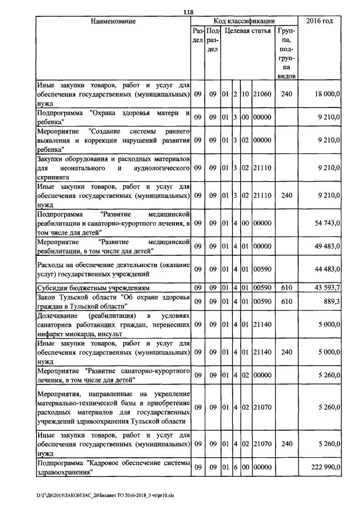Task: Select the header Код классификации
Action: pos(244,21)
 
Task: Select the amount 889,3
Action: pos(331,301)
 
